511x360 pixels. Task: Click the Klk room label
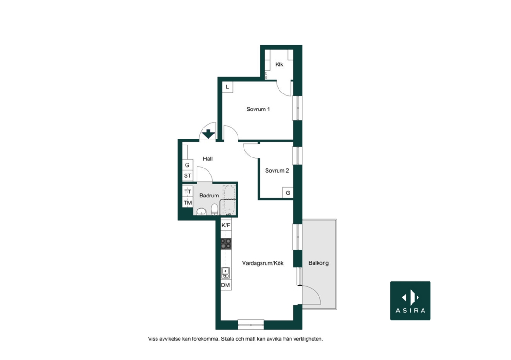click(279, 64)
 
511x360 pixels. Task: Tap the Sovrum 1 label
click(258, 110)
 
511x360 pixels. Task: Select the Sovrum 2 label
click(277, 171)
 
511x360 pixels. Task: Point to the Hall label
click(208, 159)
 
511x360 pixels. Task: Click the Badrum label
click(209, 196)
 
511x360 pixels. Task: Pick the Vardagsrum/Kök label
click(263, 263)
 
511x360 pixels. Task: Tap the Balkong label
click(319, 263)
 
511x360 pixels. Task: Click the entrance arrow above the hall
click(208, 134)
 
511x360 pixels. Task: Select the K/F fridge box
click(226, 226)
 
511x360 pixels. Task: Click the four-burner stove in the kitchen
click(226, 244)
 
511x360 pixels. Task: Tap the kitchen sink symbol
click(226, 273)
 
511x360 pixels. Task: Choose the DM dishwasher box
click(226, 285)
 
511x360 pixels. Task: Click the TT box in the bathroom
click(187, 192)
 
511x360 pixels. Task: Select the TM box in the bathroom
click(187, 203)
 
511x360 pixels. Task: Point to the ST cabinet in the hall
click(187, 176)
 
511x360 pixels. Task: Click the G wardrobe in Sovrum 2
click(288, 193)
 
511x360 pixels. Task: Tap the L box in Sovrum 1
click(227, 87)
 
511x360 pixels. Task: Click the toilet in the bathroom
click(215, 209)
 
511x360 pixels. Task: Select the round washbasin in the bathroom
click(201, 212)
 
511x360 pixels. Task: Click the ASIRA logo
click(410, 301)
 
